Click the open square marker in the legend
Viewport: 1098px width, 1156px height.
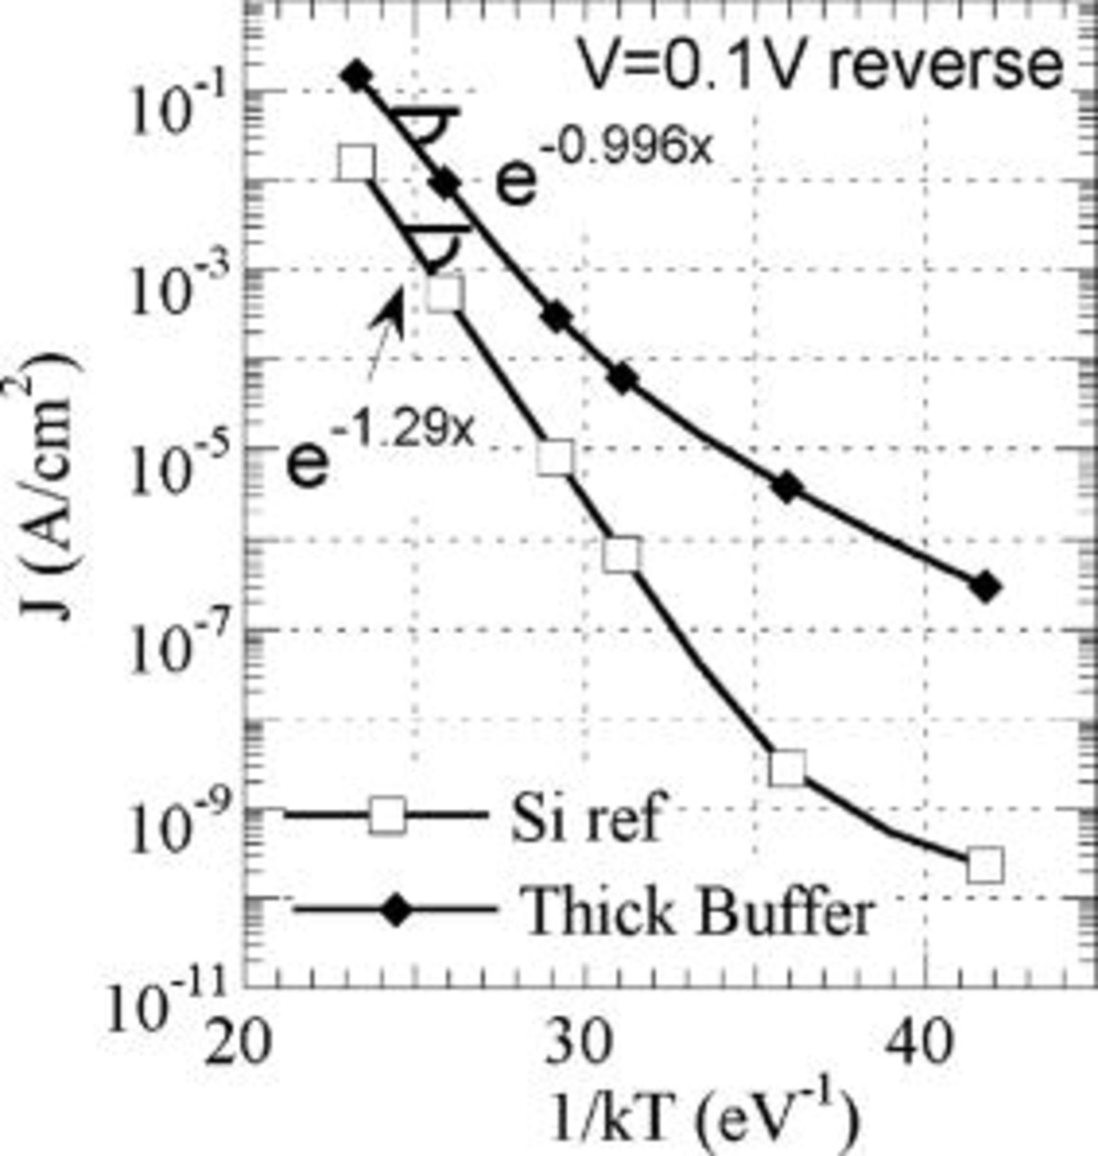coord(387,816)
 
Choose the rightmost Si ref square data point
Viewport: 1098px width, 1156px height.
coord(984,865)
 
